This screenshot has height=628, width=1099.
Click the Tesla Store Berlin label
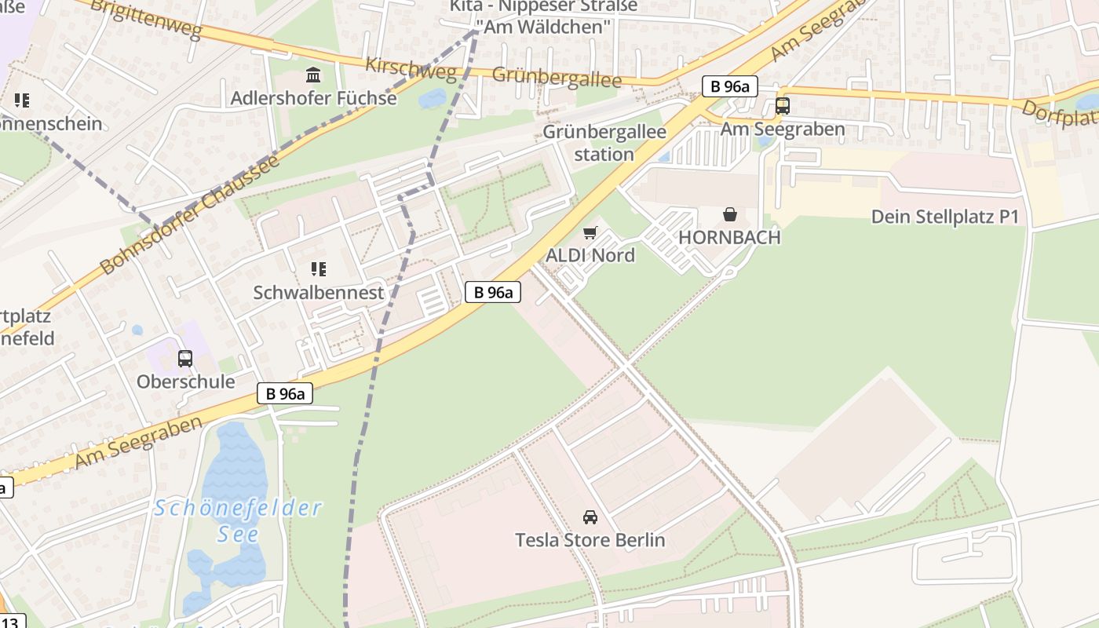590,540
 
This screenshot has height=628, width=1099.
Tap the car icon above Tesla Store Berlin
590,517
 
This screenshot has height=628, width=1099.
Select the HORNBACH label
729,237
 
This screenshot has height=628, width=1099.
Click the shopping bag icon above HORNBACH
730,214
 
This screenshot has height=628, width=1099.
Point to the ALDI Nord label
590,255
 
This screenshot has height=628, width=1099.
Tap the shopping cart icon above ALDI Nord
590,232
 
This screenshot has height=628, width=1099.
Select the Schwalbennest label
318,293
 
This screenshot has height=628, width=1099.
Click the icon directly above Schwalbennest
318,269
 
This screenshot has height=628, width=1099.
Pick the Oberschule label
185,382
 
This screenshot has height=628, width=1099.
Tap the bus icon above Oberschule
185,359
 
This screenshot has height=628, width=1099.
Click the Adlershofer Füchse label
313,98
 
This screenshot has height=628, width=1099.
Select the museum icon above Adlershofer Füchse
313,75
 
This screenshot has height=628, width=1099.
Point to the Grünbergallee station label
604,143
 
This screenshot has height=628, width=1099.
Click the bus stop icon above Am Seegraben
782,105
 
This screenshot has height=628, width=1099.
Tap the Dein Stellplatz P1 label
945,217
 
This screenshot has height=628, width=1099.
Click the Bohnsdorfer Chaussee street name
189,214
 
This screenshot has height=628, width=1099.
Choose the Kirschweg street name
411,69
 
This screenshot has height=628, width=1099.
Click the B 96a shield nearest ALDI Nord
493,293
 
